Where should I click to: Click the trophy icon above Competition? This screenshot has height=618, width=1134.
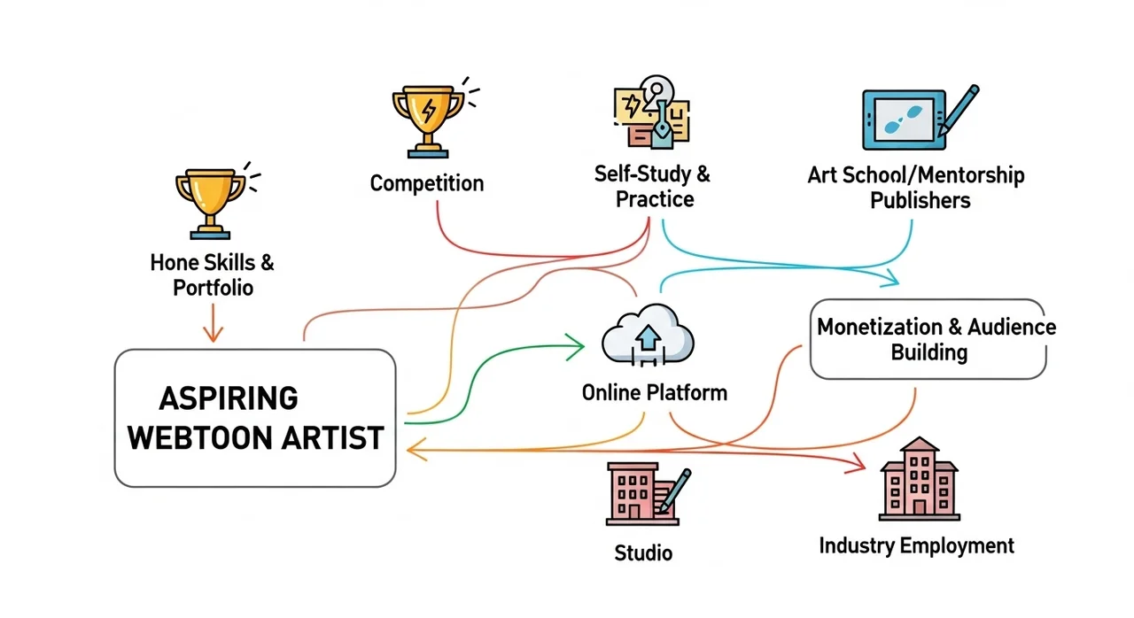[x=427, y=115]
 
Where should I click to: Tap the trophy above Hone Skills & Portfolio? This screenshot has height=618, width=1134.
[x=209, y=202]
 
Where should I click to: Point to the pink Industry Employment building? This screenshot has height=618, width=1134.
[x=919, y=481]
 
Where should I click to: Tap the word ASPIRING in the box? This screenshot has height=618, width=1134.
[x=229, y=398]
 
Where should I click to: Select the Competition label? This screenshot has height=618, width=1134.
[x=427, y=183]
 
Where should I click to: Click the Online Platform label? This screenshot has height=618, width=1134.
[x=654, y=391]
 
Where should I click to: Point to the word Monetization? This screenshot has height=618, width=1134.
[x=881, y=327]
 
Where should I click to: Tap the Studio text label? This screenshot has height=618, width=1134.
[x=643, y=553]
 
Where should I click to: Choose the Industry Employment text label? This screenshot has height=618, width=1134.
[x=916, y=545]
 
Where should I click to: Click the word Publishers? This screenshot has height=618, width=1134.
[x=920, y=200]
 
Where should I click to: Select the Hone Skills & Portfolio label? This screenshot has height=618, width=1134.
[x=212, y=274]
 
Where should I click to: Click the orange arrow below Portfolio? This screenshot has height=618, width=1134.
[x=212, y=324]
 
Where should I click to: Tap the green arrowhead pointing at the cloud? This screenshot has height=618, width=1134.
[x=577, y=342]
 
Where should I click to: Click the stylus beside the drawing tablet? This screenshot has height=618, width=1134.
[x=960, y=110]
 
